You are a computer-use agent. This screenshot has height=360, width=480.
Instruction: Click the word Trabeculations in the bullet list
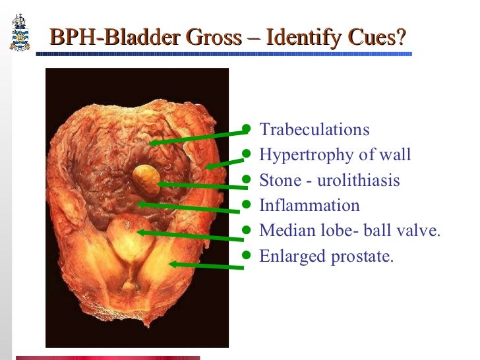315,130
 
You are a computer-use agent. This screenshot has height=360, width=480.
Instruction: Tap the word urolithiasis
359,180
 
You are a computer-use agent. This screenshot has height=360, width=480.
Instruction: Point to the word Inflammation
309,205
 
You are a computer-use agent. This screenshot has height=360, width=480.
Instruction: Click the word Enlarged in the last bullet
288,256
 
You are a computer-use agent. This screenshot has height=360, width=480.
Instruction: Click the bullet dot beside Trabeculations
247,129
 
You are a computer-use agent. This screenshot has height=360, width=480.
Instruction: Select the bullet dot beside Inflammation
247,205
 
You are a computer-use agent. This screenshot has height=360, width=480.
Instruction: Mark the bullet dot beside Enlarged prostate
247,255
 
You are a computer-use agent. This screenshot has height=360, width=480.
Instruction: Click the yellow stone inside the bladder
145,178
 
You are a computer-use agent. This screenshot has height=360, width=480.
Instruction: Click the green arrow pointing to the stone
198,186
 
